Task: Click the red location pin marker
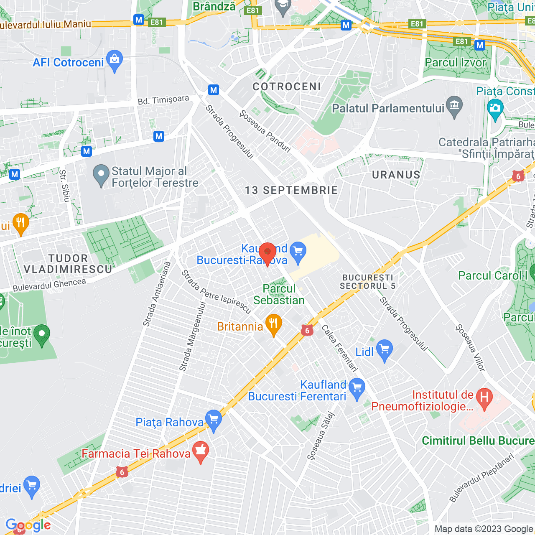click(x=267, y=253)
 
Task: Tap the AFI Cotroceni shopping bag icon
click(x=114, y=61)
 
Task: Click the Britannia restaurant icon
click(x=273, y=324)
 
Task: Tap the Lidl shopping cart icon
click(x=384, y=350)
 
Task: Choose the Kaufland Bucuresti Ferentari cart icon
click(x=357, y=388)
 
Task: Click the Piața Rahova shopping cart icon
click(x=214, y=420)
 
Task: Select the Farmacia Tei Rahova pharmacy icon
click(x=201, y=451)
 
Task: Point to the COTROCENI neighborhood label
click(x=287, y=87)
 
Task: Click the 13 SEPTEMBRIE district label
click(x=291, y=190)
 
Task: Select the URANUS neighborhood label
click(x=396, y=175)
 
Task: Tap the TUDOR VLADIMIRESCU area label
click(x=68, y=264)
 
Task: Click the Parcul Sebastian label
click(x=279, y=294)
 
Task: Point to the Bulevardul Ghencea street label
click(x=49, y=285)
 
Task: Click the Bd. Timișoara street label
click(x=163, y=100)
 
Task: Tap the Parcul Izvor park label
click(x=456, y=63)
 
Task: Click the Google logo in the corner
click(x=28, y=525)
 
